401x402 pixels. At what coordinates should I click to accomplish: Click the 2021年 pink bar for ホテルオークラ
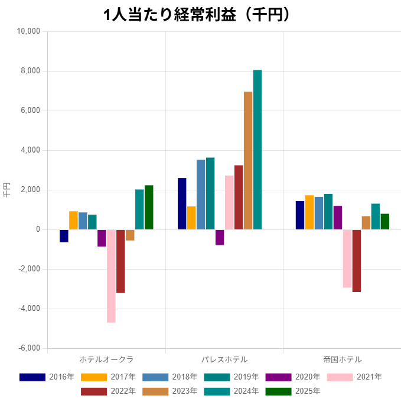[x=111, y=275]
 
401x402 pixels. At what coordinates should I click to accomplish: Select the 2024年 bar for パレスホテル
[x=257, y=150]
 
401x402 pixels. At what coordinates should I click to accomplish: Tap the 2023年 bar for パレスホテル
[x=248, y=160]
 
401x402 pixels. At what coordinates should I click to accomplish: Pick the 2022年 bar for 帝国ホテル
[x=357, y=261]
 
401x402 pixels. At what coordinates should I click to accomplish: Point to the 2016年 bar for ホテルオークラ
[x=64, y=236]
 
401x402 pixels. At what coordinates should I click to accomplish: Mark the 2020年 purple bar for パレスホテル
[x=220, y=237]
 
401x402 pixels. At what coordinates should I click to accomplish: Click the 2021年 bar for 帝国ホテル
[x=347, y=258]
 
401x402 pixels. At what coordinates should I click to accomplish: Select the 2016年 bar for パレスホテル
[x=182, y=203]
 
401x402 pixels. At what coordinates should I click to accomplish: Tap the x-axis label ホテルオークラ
[x=106, y=359]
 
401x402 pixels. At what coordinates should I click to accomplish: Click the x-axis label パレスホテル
[x=224, y=359]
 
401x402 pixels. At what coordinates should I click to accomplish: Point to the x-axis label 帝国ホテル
[x=342, y=359]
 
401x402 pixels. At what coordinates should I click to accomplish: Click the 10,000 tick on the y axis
[x=27, y=31]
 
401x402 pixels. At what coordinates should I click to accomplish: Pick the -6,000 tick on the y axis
[x=27, y=348]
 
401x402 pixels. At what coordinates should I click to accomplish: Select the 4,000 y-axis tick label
[x=29, y=150]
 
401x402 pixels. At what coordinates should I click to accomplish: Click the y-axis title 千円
[x=7, y=190]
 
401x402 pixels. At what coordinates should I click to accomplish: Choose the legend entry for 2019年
[x=232, y=377]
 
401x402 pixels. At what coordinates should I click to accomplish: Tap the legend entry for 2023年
[x=171, y=391]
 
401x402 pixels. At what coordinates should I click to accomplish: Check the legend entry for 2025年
[x=294, y=391]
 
